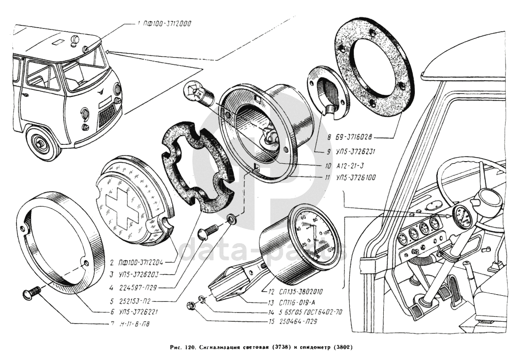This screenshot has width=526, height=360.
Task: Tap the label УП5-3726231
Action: (356, 151)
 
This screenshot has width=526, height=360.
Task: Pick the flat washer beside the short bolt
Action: (231, 220)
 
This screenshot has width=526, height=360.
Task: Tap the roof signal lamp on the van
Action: (75, 38)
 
